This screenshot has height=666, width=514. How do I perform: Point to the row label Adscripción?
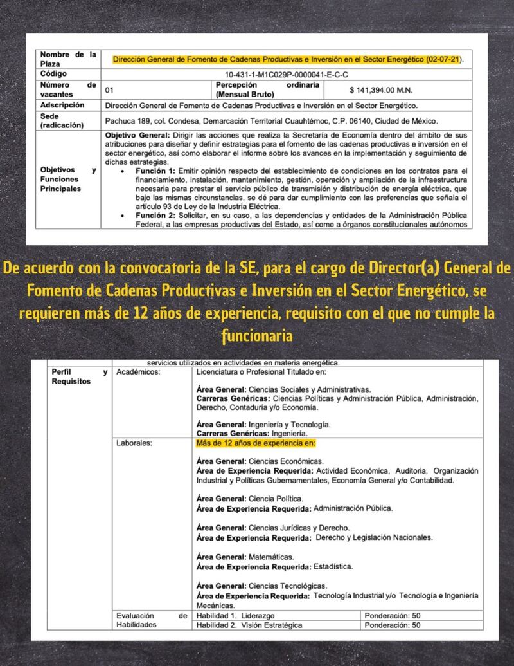pos(62,104)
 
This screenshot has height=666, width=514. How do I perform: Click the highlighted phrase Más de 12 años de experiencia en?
pos(256,443)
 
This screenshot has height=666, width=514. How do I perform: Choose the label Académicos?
pos(138,372)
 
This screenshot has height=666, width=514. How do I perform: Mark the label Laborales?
pos(134,443)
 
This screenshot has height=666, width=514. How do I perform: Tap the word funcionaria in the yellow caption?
pos(257,335)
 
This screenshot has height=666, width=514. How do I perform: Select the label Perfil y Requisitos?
pos(70,376)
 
